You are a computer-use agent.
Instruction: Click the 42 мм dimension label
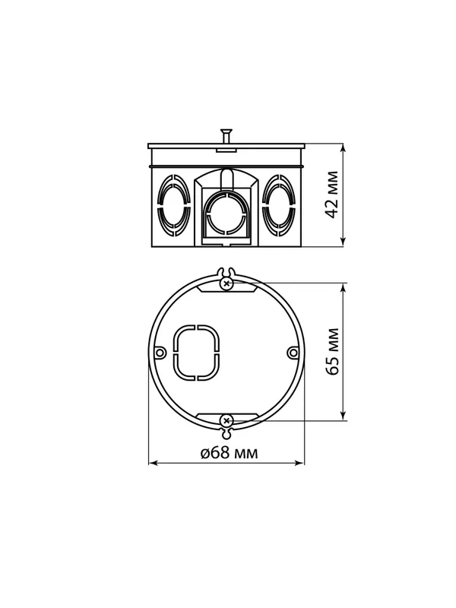332,195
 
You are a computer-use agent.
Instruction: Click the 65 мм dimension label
332,352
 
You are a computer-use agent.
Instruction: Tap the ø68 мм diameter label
230,452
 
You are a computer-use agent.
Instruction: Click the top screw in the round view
226,283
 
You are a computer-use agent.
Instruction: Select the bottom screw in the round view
226,421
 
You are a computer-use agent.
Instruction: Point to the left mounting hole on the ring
160,353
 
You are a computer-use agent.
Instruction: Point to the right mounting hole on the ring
294,353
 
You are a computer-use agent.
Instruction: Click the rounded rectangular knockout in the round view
195,353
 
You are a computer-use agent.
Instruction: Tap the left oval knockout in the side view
174,206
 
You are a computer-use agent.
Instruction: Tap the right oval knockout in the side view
278,206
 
